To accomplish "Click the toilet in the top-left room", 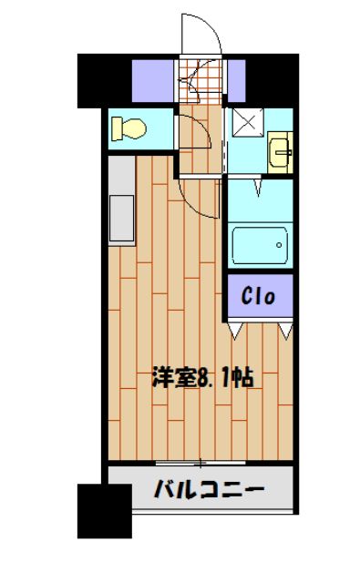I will coord(128,128).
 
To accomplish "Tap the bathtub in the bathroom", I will coord(260,244).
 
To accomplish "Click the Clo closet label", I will coord(260,296).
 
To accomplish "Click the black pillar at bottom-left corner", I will coord(99,511).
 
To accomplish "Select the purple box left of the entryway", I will coord(155,81).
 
